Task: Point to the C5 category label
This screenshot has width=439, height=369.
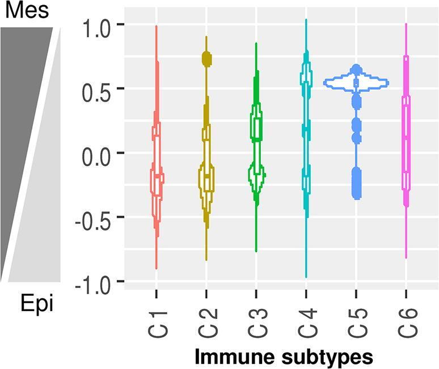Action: pos(356,321)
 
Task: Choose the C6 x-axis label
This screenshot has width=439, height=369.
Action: pos(406,321)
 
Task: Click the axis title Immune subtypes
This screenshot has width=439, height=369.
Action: pos(284,357)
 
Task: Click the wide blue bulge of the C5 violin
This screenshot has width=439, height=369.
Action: pos(356,83)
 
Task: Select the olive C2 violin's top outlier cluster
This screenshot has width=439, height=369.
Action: pos(206,58)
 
